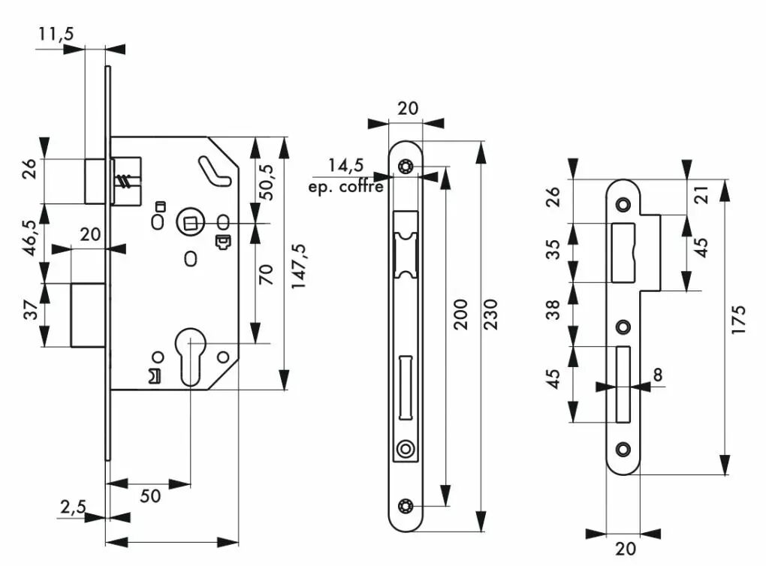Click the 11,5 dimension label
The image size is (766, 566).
pos(56,35)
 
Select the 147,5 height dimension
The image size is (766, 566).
pos(298,266)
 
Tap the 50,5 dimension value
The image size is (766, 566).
pos(267,182)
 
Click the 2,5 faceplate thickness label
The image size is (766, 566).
pos(74,507)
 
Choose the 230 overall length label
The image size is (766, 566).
pos(490,315)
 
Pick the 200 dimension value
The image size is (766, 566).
pos(460,315)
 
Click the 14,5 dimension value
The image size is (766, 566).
pos(346,165)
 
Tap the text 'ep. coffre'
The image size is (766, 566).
pos(345,187)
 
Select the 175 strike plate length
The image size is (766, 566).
pos(739,320)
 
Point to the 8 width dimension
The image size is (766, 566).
pos(658,375)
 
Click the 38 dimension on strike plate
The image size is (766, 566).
pos(553,309)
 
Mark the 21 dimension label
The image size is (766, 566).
pos(702,195)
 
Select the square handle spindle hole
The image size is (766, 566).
pos(190,223)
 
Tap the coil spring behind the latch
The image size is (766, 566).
pos(125,182)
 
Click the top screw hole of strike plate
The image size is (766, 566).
pos(623,203)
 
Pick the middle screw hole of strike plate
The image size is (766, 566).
pos(623,327)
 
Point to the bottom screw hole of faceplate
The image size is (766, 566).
pos(405,507)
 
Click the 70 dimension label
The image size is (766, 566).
pos(266,275)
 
